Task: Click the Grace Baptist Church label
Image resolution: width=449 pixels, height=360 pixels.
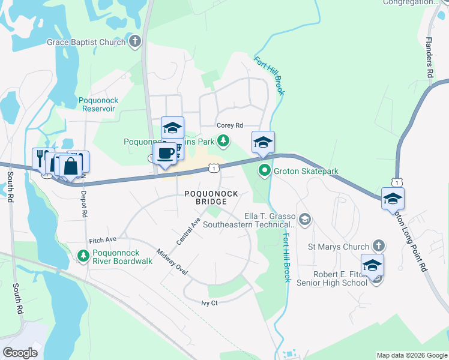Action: coord(86,42)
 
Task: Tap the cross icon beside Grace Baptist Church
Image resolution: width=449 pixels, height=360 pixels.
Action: coord(136,42)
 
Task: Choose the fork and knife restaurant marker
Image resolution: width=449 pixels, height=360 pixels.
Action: coord(41,158)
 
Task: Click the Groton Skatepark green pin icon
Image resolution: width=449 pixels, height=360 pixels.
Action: coord(264,171)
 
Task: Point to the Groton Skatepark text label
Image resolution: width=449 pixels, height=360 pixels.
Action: coord(306,171)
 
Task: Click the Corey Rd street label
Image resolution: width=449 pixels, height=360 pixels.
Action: coord(230,125)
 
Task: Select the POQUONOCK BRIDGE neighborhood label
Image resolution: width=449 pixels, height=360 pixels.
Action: coord(211,197)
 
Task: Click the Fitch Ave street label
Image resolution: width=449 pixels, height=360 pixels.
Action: coord(102,240)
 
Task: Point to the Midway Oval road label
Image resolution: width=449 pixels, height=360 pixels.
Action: coord(172,263)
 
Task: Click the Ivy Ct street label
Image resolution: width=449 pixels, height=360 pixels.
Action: coord(209,303)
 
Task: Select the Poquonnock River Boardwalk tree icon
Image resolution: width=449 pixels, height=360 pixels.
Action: coord(83,256)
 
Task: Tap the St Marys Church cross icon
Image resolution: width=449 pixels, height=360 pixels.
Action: coord(378,246)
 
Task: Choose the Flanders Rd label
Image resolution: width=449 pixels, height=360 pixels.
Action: coord(429,58)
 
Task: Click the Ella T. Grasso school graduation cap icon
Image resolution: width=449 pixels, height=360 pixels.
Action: coord(306,220)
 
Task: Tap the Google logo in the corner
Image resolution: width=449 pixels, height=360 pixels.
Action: coord(20,352)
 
